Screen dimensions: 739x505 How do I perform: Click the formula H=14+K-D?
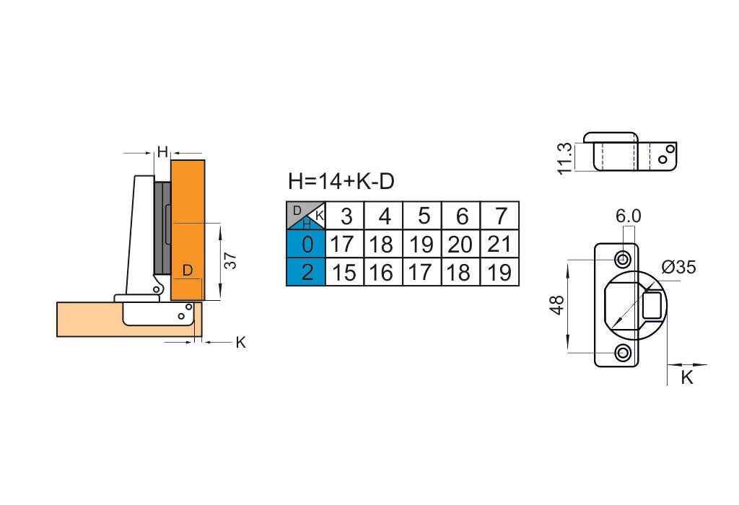341,181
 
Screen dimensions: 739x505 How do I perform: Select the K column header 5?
424,216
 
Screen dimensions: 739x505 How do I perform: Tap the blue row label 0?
307,245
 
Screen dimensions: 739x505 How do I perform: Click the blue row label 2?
307,272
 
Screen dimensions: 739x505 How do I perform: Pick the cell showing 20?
460,245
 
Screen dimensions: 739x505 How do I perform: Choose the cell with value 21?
499,245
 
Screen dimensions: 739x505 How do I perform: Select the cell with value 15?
344,272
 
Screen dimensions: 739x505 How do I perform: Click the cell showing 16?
382,272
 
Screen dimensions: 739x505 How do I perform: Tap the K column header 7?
501,216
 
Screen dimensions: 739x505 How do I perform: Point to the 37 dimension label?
230,260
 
